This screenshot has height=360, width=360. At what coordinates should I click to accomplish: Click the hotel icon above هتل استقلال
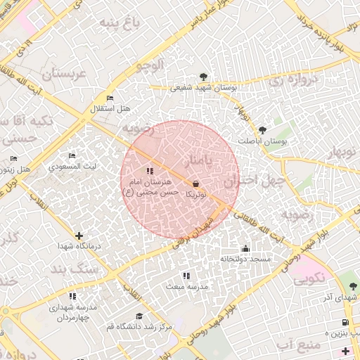coord(109,98)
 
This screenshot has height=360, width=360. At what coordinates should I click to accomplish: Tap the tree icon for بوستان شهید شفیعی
coord(203,77)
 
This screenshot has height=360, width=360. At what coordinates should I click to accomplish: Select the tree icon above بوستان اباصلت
coord(263,129)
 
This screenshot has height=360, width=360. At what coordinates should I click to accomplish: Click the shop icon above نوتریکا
coord(194,184)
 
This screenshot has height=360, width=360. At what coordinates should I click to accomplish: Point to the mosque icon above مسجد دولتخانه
coord(245,248)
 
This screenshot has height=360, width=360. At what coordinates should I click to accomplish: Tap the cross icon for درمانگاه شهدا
coord(79,236)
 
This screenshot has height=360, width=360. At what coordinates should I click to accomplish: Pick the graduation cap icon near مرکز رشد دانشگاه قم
coord(139,316)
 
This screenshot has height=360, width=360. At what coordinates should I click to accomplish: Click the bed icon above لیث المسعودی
coord(72,156)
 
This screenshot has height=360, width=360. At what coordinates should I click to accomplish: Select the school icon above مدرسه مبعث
coord(186,276)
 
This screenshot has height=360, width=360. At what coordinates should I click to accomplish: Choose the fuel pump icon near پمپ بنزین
coord(344,323)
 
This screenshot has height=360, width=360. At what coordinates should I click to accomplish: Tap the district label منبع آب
coord(299,345)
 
